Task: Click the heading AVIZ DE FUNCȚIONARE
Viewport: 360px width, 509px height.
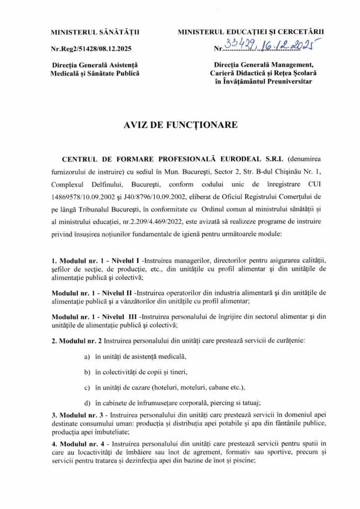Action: click(180, 125)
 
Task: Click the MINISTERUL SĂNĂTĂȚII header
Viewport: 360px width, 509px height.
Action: click(95, 33)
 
